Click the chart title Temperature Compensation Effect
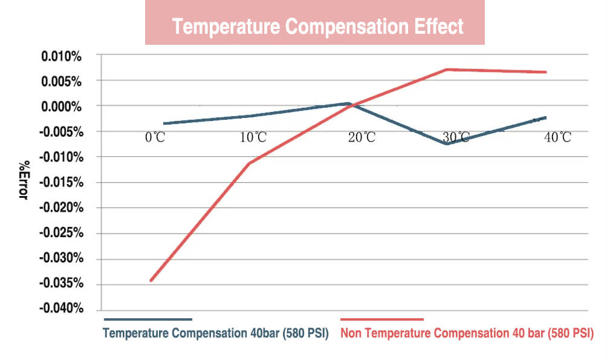pos(317,27)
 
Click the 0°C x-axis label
pos(155,137)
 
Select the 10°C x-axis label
pos(253,137)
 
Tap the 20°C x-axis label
pos(362,137)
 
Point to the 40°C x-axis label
pos(557,137)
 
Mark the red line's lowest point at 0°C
pos(151,281)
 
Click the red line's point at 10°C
pos(250,163)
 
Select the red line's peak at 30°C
pos(447,70)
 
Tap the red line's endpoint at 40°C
pos(546,72)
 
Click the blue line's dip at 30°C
pos(447,144)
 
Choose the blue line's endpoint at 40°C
pos(546,117)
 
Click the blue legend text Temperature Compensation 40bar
pos(215,333)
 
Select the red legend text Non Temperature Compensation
pos(467,333)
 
